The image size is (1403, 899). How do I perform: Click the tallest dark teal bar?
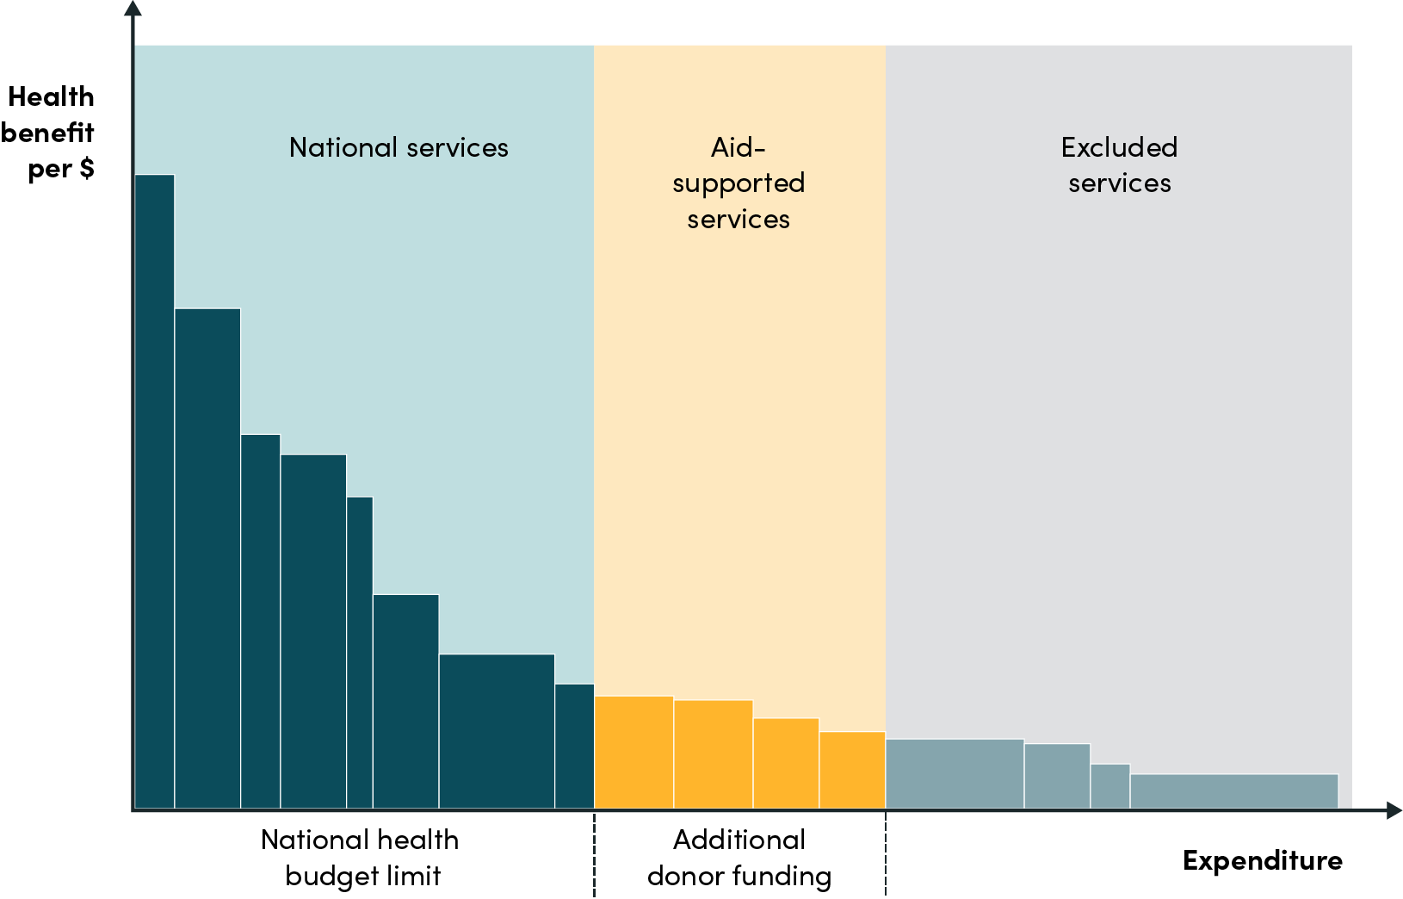click(155, 491)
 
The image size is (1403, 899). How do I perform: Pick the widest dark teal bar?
click(497, 731)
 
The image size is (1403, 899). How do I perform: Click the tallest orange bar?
click(634, 752)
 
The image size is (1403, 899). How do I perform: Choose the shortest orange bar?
click(852, 770)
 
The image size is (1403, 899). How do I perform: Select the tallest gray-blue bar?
click(955, 773)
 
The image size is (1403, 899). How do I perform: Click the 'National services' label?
click(399, 147)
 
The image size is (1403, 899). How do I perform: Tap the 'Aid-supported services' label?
click(739, 183)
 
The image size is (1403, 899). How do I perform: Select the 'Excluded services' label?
click(1119, 164)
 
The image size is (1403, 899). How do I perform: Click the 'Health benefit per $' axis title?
click(50, 133)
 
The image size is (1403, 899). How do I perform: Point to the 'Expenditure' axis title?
click(1262, 859)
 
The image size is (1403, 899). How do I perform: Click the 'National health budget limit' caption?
click(361, 858)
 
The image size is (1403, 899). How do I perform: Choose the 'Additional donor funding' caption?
click(739, 858)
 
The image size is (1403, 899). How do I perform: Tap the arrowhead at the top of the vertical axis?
click(133, 9)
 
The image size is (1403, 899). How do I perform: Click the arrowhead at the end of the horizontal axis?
click(1394, 810)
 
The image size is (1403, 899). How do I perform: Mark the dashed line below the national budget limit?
click(594, 857)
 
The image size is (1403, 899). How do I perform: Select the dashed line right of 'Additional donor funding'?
click(886, 857)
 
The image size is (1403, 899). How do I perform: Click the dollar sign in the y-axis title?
click(86, 168)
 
